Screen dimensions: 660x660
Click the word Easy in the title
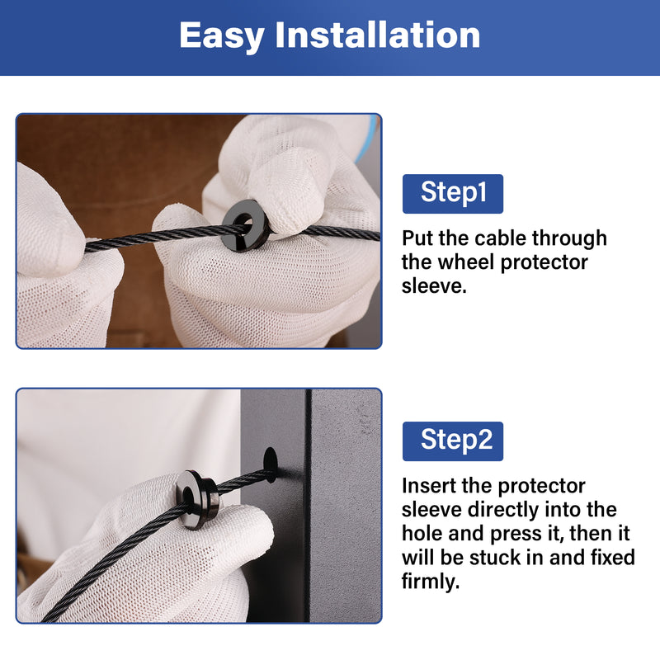pyautogui.click(x=221, y=36)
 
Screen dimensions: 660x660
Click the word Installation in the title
pyautogui.click(x=378, y=35)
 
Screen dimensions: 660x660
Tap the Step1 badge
pyautogui.click(x=452, y=194)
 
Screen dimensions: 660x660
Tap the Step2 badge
pyautogui.click(x=452, y=441)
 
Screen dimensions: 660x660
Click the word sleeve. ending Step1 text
pyautogui.click(x=434, y=286)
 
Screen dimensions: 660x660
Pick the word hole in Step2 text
pyautogui.click(x=422, y=534)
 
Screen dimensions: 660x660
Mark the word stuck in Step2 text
pyautogui.click(x=495, y=558)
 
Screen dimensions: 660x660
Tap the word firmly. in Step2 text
pyautogui.click(x=430, y=582)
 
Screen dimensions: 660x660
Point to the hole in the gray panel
pyautogui.click(x=271, y=464)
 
